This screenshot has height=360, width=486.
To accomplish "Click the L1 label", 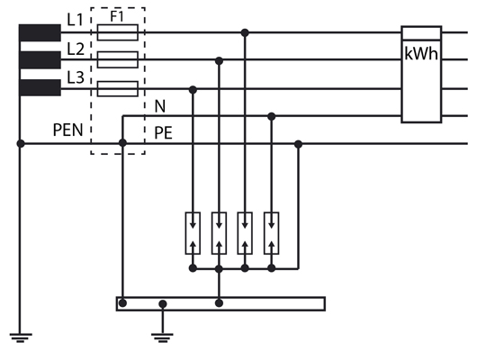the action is [76, 20].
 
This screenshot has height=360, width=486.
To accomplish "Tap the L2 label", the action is [76, 49].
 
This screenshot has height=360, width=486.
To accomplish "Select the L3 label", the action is [76, 77].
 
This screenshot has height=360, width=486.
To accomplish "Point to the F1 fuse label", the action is [117, 16].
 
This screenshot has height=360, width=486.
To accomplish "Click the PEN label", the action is [67, 130].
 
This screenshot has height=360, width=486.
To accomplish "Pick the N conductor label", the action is [160, 106].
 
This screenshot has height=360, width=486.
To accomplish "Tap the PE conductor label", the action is [163, 132].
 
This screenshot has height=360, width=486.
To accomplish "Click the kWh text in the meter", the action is [421, 54].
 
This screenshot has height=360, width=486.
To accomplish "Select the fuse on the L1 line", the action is [118, 32].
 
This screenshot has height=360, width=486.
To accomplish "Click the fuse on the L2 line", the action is [118, 59].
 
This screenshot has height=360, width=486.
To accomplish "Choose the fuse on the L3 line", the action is [118, 89].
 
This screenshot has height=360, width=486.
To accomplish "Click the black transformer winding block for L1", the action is [40, 32].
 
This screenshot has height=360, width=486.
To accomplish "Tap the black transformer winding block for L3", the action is [40, 88].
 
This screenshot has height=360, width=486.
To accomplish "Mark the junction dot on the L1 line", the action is [245, 32].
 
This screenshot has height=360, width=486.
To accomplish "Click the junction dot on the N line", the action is [272, 117].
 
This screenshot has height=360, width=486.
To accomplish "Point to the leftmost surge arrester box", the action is [193, 233].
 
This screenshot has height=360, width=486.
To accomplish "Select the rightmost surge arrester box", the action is [272, 233].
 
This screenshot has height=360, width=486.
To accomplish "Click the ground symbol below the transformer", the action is [21, 337].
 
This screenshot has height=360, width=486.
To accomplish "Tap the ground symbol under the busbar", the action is [162, 337].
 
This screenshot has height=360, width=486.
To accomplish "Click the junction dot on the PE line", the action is [298, 144].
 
